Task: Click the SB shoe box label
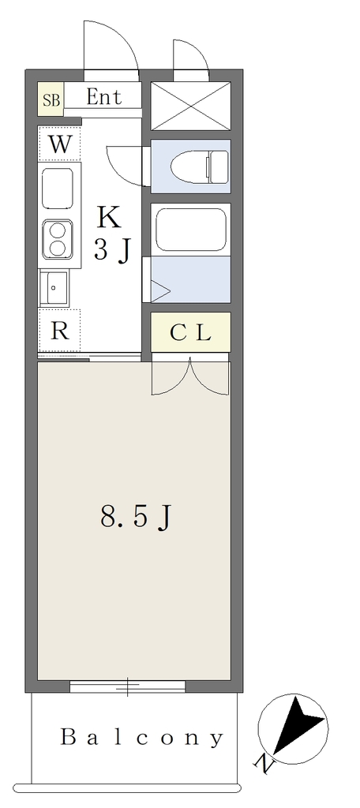click(x=51, y=99)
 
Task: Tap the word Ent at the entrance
click(x=103, y=96)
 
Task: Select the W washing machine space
click(x=59, y=144)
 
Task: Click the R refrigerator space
click(x=59, y=331)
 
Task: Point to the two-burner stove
click(x=58, y=239)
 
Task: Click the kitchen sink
click(x=54, y=288)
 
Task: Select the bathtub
click(x=190, y=230)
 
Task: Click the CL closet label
click(x=190, y=333)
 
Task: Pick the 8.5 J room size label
click(x=135, y=518)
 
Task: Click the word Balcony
click(x=142, y=738)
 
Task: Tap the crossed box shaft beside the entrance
click(x=190, y=106)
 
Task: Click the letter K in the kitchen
click(x=110, y=218)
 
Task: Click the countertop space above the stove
click(x=58, y=187)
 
